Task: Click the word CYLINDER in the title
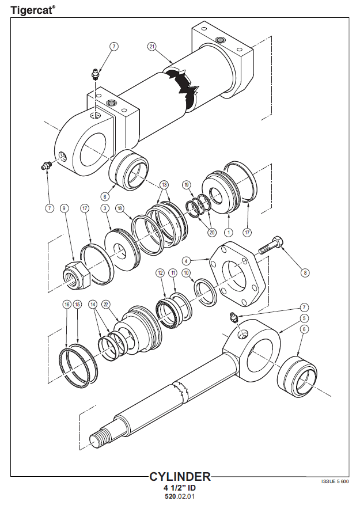coord(180,477)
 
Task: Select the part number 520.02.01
coord(180,496)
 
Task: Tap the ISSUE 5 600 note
coord(335,481)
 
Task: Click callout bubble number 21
coord(152,47)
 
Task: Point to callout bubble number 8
coord(305,273)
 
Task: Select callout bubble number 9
coord(64,208)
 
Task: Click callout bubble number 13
coord(164,185)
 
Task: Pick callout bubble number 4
coord(186,260)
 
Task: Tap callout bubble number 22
coord(106,305)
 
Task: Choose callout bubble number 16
coord(67,305)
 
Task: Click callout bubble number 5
coord(304,318)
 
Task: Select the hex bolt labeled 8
coord(271,246)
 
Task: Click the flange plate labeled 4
coord(238,274)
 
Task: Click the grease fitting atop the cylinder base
coord(96,74)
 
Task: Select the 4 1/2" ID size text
coord(180,488)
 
